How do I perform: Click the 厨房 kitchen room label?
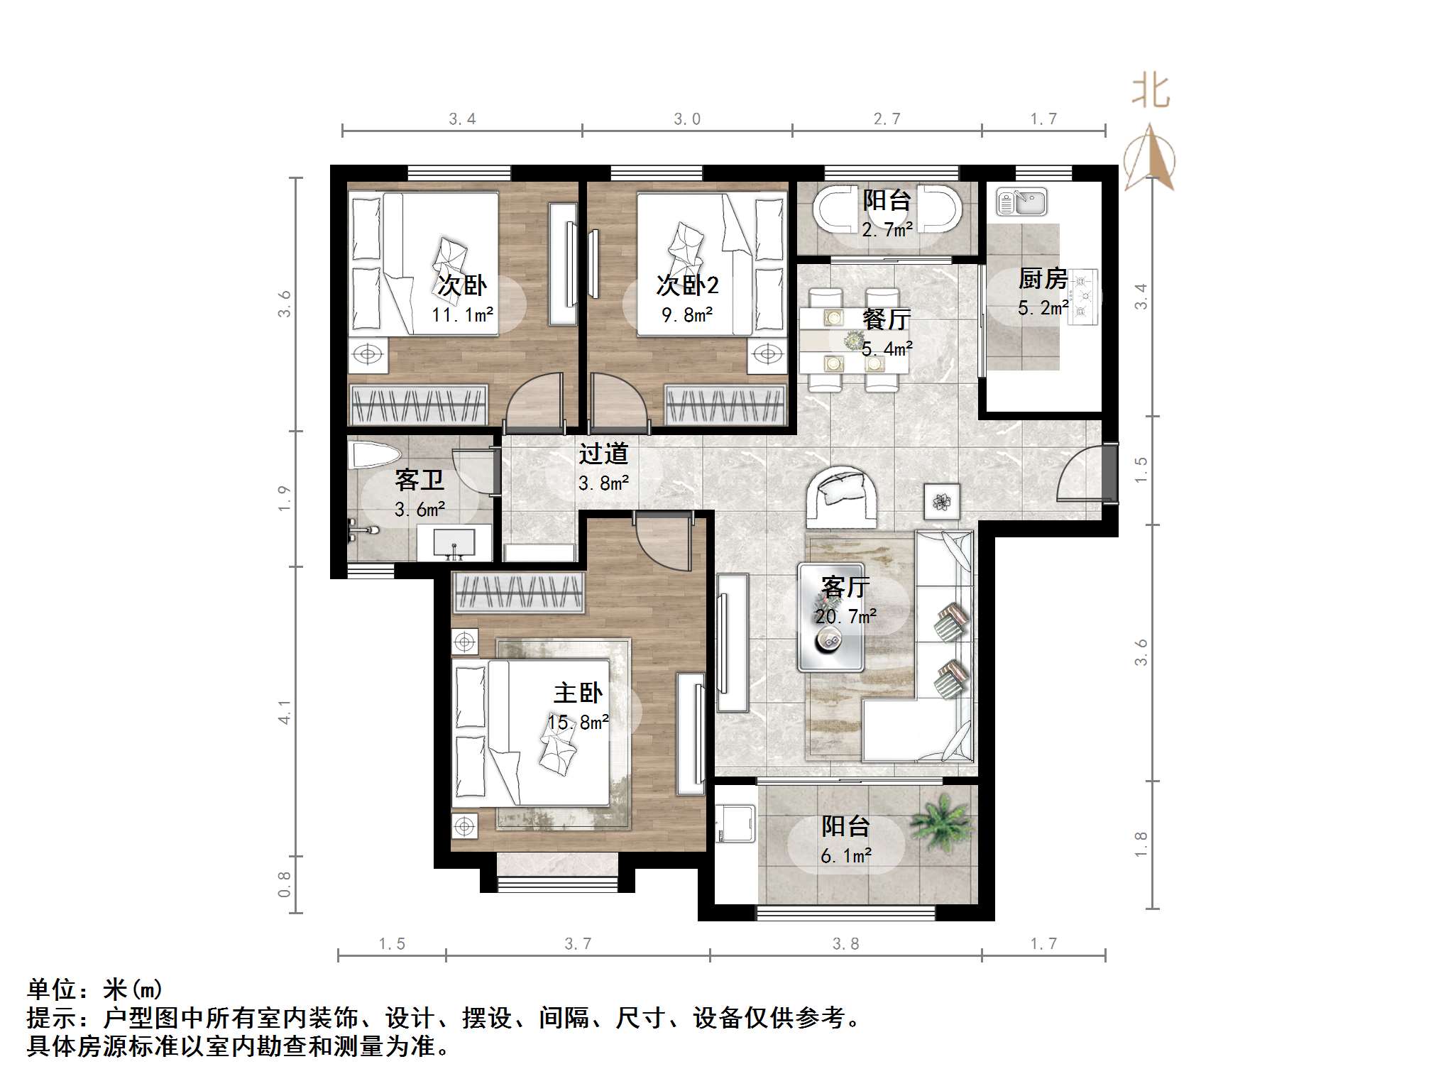[x=1043, y=279]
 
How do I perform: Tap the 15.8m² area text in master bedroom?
[x=578, y=723]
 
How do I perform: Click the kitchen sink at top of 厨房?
[x=1021, y=202]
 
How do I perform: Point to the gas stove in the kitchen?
[x=1084, y=297]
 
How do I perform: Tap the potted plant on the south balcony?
[x=941, y=821]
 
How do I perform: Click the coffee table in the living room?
[x=830, y=617]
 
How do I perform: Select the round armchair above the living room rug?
[x=843, y=496]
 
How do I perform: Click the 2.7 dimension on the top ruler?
[x=887, y=119]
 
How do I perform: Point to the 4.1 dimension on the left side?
[x=285, y=711]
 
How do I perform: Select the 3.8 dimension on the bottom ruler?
[x=845, y=943]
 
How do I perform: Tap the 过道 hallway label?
[x=603, y=454]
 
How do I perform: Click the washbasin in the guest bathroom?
[x=454, y=543]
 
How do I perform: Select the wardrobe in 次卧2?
[x=725, y=405]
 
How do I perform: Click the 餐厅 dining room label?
[x=886, y=319]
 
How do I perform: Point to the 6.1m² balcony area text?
[x=845, y=856]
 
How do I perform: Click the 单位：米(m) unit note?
[x=95, y=989]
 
